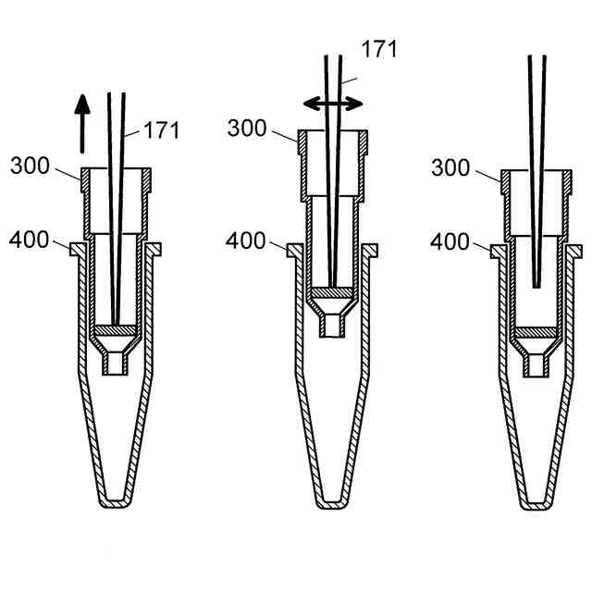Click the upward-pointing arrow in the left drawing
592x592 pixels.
pos(82,124)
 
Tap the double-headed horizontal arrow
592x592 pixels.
pos(333,104)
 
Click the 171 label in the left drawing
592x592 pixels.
pos(161,129)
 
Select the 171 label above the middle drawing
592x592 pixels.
pos(379,49)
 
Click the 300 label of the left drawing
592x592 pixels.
pos(30,166)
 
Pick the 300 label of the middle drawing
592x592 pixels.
pos(247,128)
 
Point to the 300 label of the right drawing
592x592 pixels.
pos(450,167)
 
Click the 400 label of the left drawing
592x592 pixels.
pos(29,240)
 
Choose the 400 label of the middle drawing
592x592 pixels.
pos(246,240)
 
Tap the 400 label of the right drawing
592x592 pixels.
pos(450,241)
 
